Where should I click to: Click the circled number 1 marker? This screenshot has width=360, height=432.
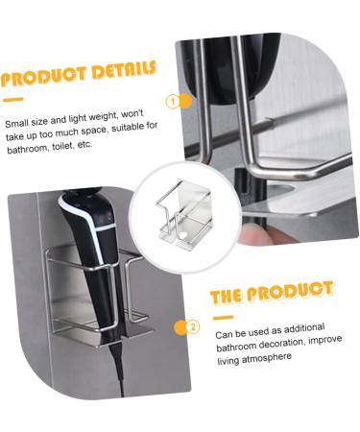(174, 101)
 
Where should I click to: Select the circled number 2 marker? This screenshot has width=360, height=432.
(192, 326)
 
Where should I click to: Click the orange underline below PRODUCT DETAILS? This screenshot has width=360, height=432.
(12, 99)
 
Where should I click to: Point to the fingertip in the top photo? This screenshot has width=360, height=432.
(252, 229)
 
